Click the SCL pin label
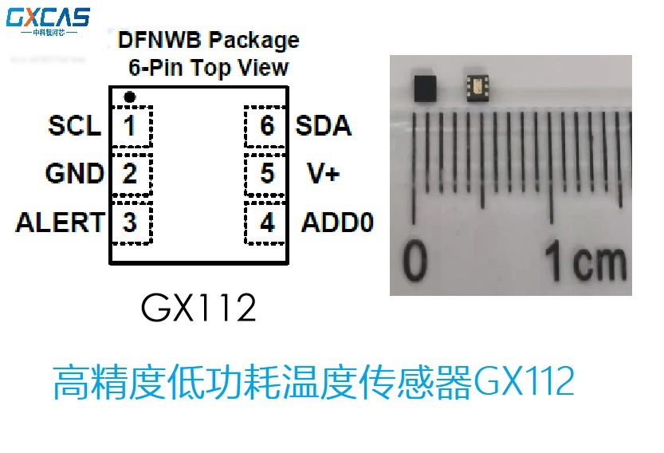tap(74, 126)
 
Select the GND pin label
tap(74, 174)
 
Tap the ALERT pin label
tap(60, 223)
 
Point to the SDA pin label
tap(324, 126)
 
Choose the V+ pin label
tap(323, 174)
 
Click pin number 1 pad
tap(131, 126)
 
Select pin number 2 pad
tap(131, 174)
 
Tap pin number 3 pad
tap(131, 223)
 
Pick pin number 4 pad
tap(266, 223)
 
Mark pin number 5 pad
tap(266, 174)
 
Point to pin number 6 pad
tap(266, 126)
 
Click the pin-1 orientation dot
tap(130, 97)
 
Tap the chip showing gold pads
tap(477, 84)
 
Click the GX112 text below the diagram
tap(198, 307)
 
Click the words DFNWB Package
tap(208, 40)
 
